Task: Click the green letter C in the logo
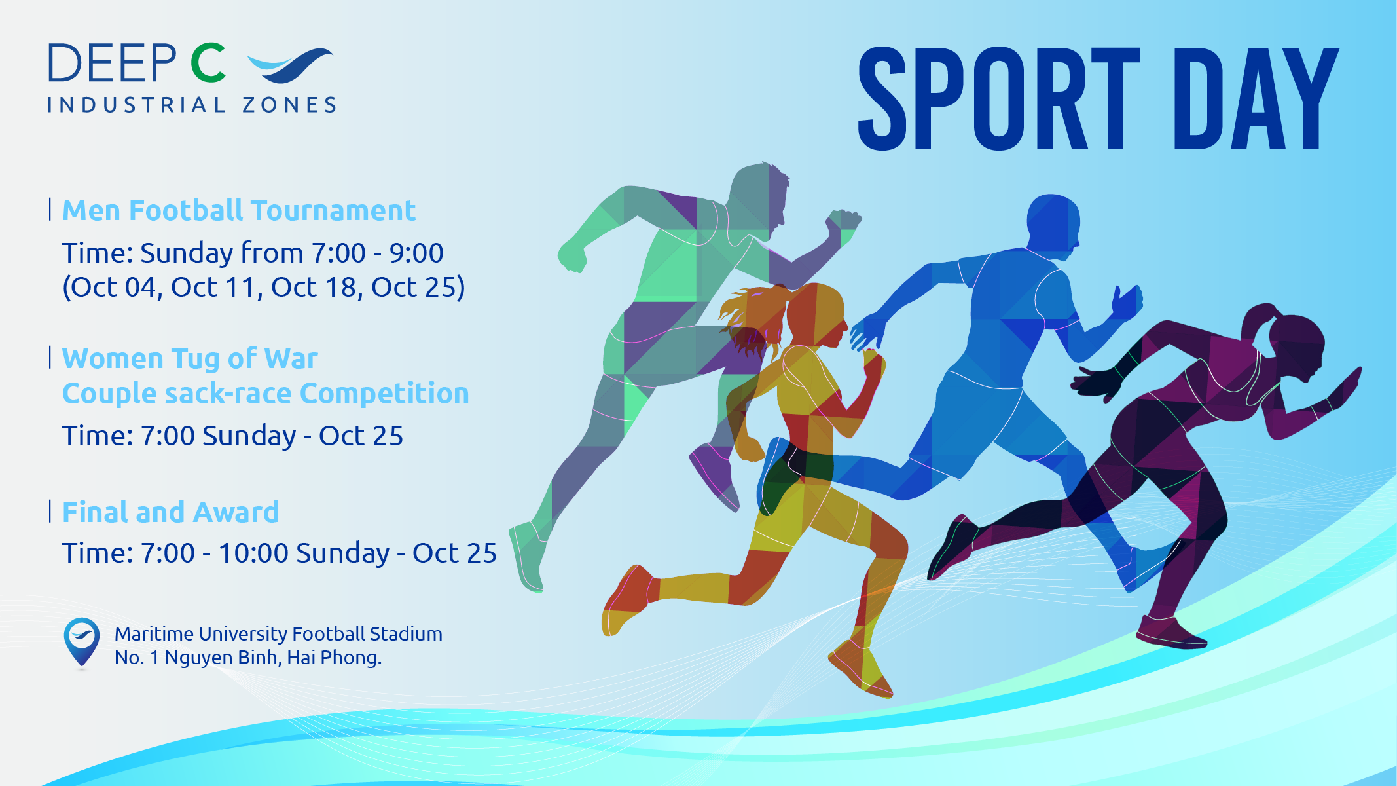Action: pos(208,63)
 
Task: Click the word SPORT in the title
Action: pos(1000,98)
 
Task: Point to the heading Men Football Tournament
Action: pos(239,211)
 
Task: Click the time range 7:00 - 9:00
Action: pos(377,253)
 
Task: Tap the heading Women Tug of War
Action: pos(190,359)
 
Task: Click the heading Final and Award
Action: pos(170,512)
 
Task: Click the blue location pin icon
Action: pos(82,642)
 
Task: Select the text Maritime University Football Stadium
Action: pos(278,634)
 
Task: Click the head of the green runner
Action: pos(759,196)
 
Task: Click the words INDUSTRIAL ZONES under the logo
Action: pos(192,105)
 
